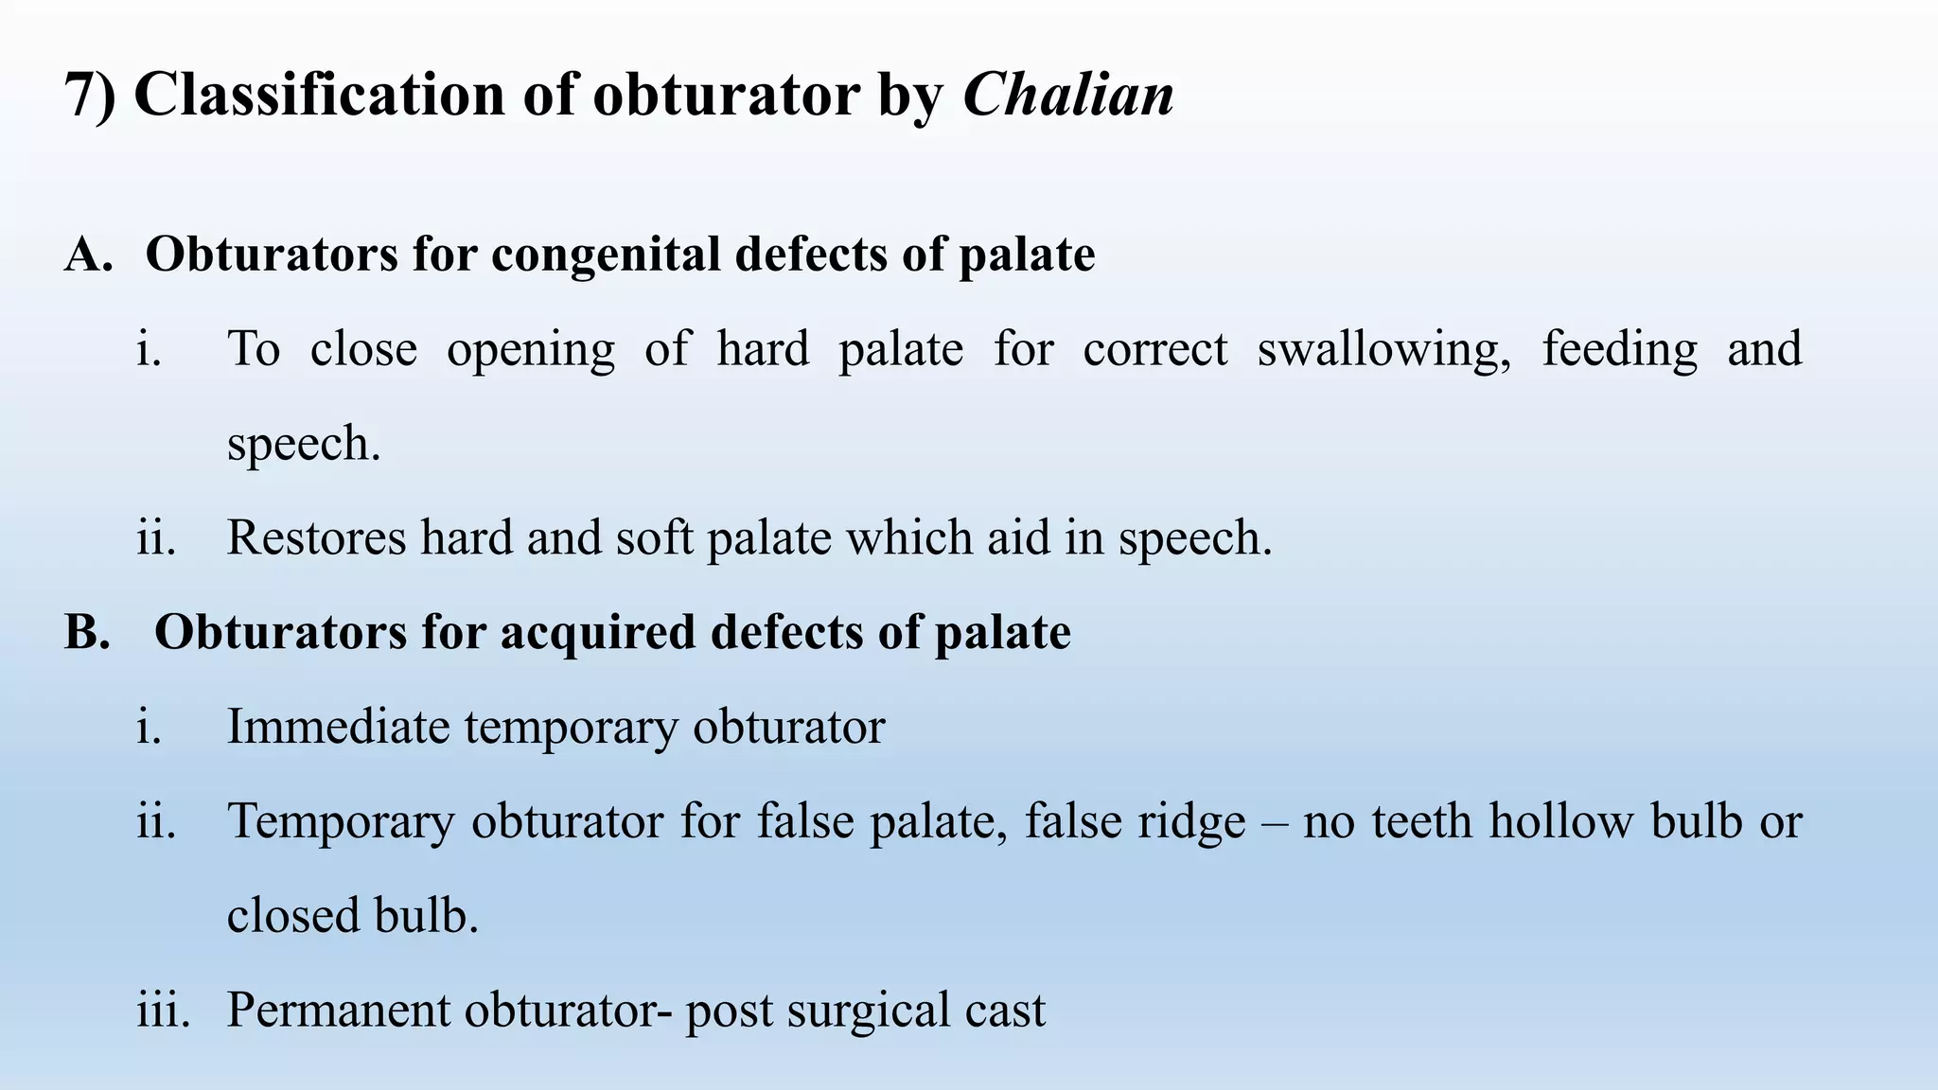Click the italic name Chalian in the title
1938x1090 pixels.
[x=1068, y=95]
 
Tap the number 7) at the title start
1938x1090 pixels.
[x=90, y=95]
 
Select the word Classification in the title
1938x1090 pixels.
[x=320, y=95]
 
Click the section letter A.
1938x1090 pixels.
[x=88, y=255]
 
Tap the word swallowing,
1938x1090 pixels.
[x=1383, y=350]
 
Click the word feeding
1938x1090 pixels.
[x=1619, y=350]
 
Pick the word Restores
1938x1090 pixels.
[x=316, y=537]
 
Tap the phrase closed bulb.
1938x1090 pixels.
[x=352, y=916]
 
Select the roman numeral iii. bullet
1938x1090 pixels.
[x=163, y=1011]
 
